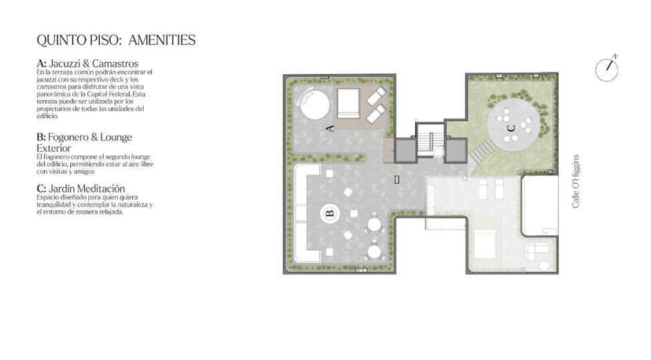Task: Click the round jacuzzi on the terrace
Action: (x=314, y=104)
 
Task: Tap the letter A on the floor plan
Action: (x=330, y=128)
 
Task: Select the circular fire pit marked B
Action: (x=330, y=214)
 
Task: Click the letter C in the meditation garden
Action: (x=511, y=128)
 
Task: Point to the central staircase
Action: (x=430, y=140)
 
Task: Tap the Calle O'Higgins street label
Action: (x=576, y=182)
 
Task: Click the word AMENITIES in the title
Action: (x=162, y=40)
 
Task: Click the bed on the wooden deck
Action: (x=348, y=104)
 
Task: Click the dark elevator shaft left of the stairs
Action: (x=404, y=151)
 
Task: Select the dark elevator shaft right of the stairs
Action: (x=456, y=151)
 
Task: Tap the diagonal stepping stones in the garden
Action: (x=482, y=152)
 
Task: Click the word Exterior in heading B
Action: (x=53, y=149)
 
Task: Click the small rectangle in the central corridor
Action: (x=397, y=179)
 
